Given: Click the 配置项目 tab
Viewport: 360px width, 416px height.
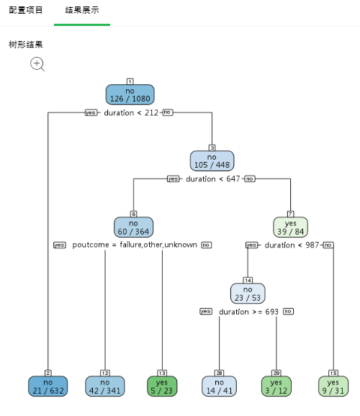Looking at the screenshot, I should click(26, 11).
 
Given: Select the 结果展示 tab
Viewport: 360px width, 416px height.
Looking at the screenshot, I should click(82, 11).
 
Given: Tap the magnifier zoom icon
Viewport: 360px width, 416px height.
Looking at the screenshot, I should click(37, 64).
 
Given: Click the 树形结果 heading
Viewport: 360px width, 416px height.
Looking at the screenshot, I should click(26, 45).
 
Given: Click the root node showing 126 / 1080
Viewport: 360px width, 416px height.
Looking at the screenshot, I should click(130, 95).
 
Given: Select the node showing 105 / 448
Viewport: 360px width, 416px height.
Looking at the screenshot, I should click(212, 160).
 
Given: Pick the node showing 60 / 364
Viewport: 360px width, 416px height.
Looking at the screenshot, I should click(133, 227).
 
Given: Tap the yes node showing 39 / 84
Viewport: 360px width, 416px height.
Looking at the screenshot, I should click(290, 227).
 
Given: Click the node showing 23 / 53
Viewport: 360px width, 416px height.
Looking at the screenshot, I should click(248, 293).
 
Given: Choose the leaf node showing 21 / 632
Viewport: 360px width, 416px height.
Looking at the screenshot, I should click(48, 386).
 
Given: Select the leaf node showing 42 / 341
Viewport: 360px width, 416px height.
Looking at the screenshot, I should click(105, 386).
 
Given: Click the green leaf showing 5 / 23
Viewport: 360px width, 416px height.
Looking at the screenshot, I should click(162, 386).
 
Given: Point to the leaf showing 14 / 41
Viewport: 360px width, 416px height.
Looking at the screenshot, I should click(219, 386).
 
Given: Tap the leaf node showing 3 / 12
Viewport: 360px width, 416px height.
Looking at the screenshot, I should click(276, 386).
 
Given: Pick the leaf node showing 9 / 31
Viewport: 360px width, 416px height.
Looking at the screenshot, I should click(333, 386).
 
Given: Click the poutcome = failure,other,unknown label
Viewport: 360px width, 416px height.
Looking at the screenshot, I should click(135, 245).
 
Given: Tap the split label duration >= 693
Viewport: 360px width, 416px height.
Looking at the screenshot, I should click(248, 312).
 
